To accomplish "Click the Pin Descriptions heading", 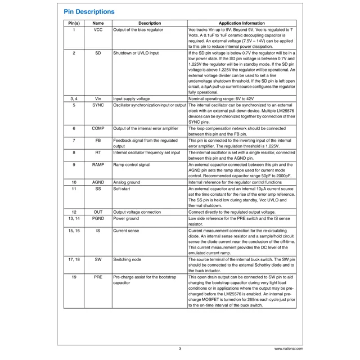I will [x=89, y=11].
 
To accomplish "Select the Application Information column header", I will [x=241, y=23].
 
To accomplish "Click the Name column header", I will [x=97, y=23].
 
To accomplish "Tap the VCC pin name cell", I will [x=97, y=30].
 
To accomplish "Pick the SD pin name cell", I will [x=97, y=53].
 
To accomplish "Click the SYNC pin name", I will [x=97, y=105].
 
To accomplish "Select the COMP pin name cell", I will [x=97, y=128].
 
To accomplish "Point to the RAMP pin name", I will [x=97, y=164].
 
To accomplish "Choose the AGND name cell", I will [x=97, y=182].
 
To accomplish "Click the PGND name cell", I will [x=97, y=218].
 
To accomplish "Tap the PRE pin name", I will [x=97, y=277].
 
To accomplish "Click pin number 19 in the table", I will [x=74, y=277].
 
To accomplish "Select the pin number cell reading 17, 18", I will [x=74, y=259].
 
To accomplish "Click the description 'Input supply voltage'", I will [x=132, y=98].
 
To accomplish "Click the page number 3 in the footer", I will [x=180, y=349].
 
